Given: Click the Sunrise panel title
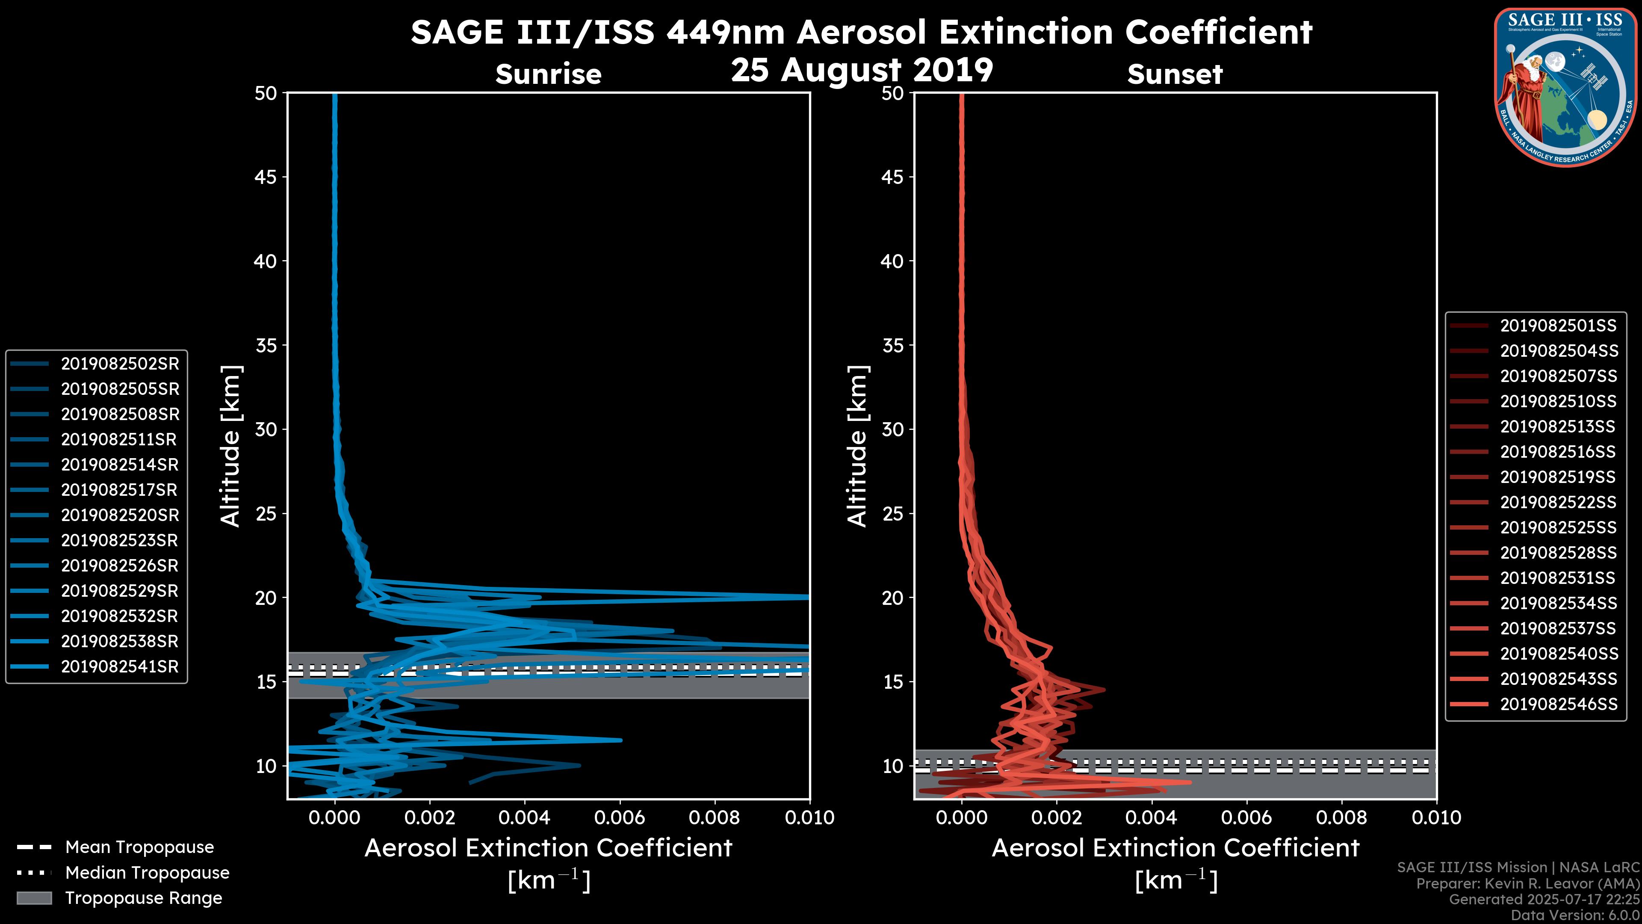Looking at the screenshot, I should pos(548,74).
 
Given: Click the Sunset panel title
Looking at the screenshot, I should pos(1175,74).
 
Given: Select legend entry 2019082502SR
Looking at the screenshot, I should pos(120,364).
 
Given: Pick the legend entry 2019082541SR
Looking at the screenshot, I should pos(120,666).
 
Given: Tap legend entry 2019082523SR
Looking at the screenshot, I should pos(120,540).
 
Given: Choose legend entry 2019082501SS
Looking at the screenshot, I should pos(1558,326).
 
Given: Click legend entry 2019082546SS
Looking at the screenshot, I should pos(1558,704).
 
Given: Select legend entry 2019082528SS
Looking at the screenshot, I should pos(1558,552).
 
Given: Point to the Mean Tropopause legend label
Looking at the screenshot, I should pos(139,847).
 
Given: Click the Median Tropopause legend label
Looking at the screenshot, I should pos(147,872).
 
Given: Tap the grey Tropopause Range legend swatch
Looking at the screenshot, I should pos(34,898).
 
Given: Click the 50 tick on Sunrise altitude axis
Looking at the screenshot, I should pos(266,93).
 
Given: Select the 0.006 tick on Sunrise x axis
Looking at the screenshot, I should pos(620,817).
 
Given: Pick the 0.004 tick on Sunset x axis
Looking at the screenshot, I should pos(1151,817).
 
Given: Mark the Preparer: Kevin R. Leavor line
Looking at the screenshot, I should pos(1528,884).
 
